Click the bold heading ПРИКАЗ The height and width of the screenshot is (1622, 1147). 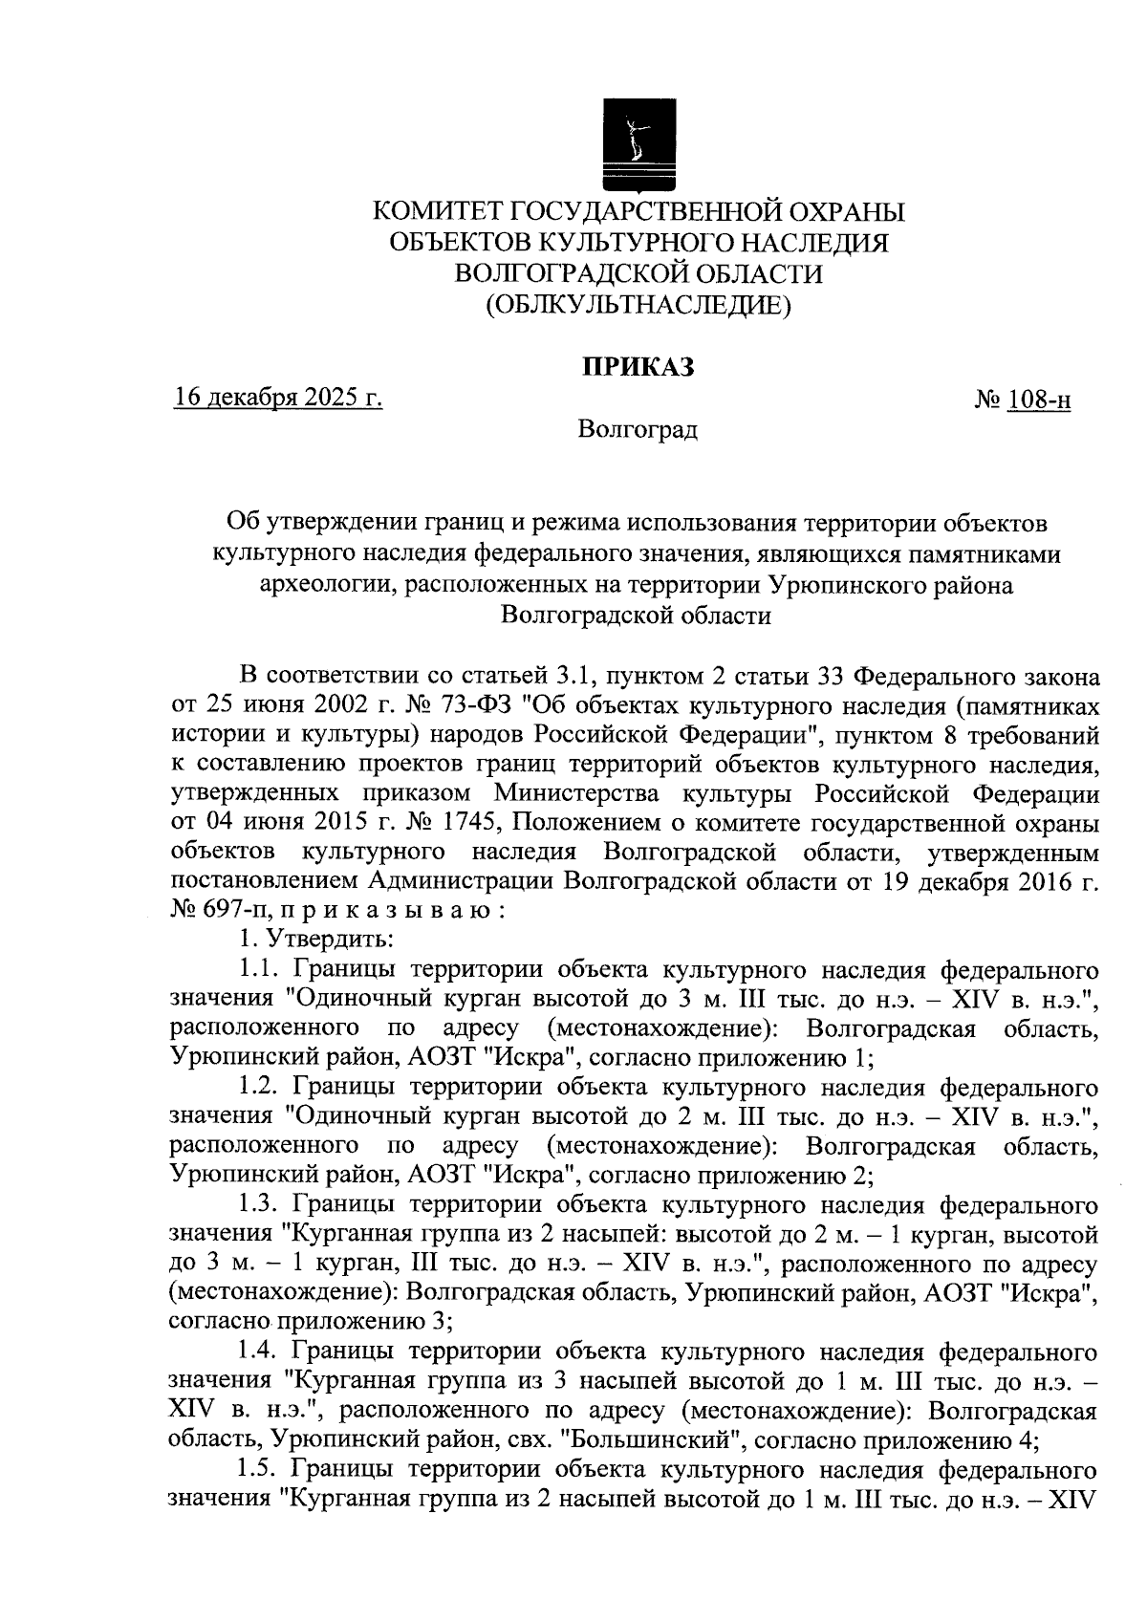coord(638,367)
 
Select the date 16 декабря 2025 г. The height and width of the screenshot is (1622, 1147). coord(278,398)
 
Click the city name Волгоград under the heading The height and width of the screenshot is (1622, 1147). coord(638,430)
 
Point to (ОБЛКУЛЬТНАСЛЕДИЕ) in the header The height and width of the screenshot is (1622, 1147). coord(638,305)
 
